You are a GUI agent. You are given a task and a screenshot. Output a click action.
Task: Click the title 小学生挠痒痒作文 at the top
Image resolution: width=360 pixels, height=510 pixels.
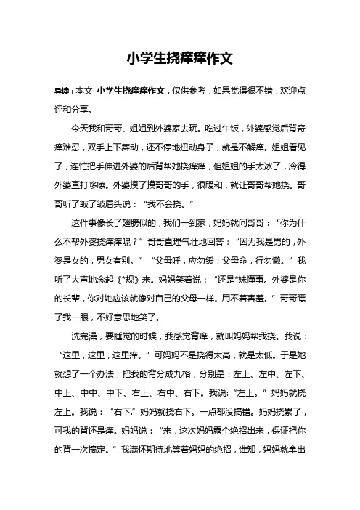click(179, 57)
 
